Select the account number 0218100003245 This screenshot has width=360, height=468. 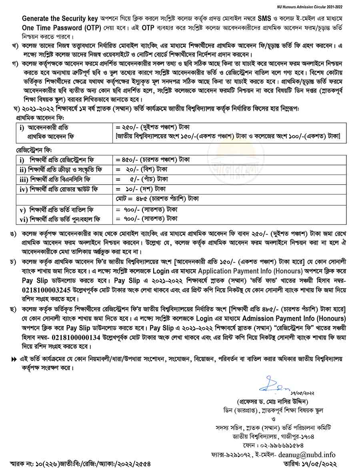click(x=47, y=288)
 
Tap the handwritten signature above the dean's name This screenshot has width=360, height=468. click(x=274, y=387)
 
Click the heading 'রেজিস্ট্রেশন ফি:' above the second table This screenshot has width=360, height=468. click(x=34, y=150)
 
